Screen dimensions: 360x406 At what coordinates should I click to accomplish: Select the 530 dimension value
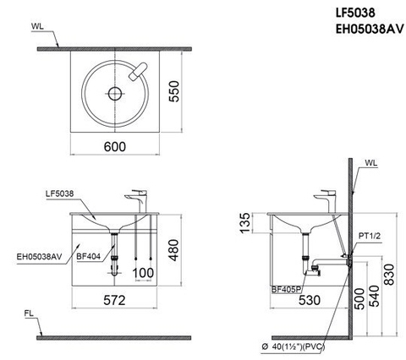tap(308, 300)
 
